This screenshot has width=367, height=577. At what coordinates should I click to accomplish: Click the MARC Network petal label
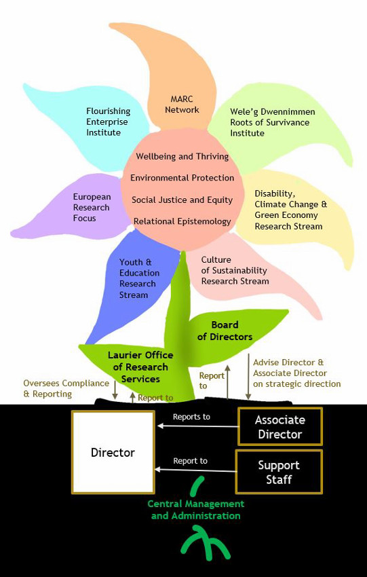coord(182,105)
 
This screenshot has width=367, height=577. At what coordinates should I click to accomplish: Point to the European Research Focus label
coord(92,207)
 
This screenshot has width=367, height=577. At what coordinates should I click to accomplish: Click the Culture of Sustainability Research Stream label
coord(235,270)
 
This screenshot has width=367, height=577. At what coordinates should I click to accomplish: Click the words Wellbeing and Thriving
coord(182,156)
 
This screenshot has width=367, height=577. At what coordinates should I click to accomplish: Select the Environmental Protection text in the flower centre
coord(182,178)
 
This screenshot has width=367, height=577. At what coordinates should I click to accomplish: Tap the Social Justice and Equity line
coord(182,200)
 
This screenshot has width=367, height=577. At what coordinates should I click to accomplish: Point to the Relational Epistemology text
coord(182,221)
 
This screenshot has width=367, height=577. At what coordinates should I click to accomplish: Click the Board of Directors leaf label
coord(225,331)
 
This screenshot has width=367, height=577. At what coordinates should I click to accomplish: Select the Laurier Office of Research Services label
coord(140,367)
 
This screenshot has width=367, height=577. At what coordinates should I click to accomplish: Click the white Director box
coord(113,452)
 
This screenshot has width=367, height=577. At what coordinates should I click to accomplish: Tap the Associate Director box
coord(279,426)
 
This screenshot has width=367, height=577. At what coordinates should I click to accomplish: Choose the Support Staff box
coord(279,472)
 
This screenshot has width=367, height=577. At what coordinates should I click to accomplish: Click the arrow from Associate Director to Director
coord(197,426)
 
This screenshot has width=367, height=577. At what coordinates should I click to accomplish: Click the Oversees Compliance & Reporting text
coord(57,388)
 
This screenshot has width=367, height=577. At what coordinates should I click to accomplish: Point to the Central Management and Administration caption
coord(195,510)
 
